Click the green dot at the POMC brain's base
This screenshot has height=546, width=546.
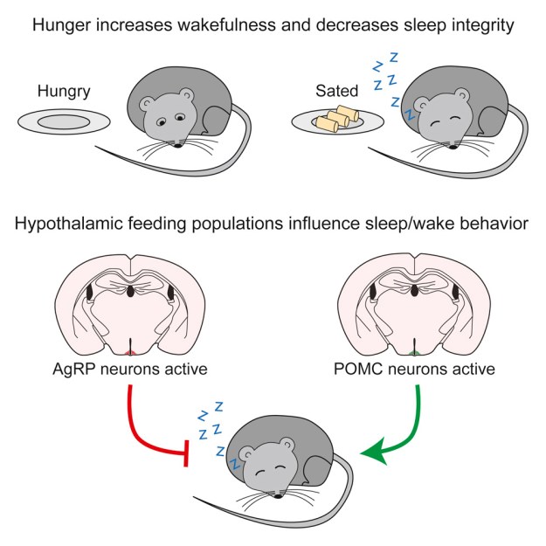coord(414,352)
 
